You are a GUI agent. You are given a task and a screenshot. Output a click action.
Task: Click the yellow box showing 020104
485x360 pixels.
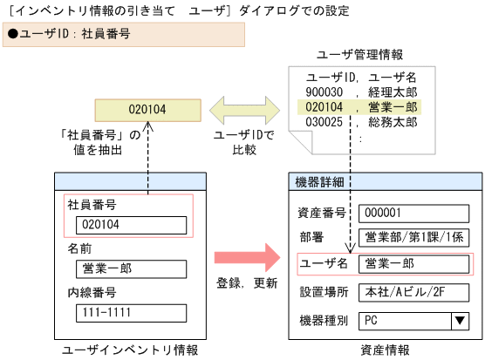click(147, 110)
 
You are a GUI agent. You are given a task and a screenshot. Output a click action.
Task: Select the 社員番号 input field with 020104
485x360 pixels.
click(131, 225)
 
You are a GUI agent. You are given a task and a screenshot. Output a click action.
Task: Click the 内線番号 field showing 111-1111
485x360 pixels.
click(131, 313)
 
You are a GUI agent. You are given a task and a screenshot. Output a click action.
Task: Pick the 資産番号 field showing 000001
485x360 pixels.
click(414, 213)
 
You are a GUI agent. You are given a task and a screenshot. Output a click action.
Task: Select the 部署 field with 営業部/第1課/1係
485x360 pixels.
click(414, 238)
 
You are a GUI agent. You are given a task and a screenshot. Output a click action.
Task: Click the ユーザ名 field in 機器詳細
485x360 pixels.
click(414, 263)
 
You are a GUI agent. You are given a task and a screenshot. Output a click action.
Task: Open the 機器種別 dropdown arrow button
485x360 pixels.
click(460, 320)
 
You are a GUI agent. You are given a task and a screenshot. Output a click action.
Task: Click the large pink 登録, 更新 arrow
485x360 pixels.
click(246, 257)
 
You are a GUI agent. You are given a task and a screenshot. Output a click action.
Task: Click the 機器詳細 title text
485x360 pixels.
click(320, 182)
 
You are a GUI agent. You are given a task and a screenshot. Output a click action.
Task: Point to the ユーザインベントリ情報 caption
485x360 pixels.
click(130, 350)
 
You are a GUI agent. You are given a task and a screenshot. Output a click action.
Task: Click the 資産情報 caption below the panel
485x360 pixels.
click(385, 350)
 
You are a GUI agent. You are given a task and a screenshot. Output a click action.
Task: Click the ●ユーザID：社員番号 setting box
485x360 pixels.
click(122, 35)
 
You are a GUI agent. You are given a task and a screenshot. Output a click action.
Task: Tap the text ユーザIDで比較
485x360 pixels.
click(244, 143)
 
